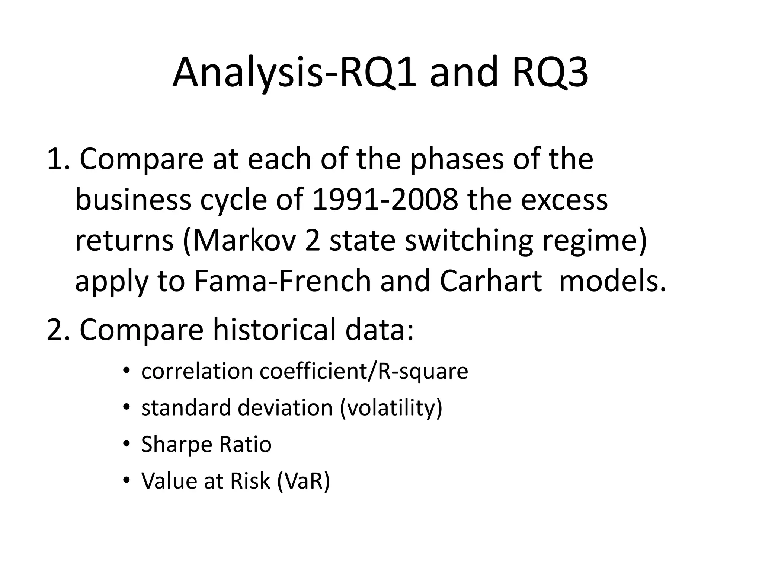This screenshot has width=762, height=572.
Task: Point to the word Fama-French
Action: pyautogui.click(x=282, y=281)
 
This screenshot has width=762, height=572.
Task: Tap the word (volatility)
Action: pyautogui.click(x=391, y=408)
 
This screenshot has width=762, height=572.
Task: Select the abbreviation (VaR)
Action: pyautogui.click(x=304, y=481)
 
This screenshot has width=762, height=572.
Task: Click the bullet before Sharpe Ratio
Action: pyautogui.click(x=127, y=444)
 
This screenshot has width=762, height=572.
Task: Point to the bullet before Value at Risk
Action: pyautogui.click(x=127, y=480)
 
